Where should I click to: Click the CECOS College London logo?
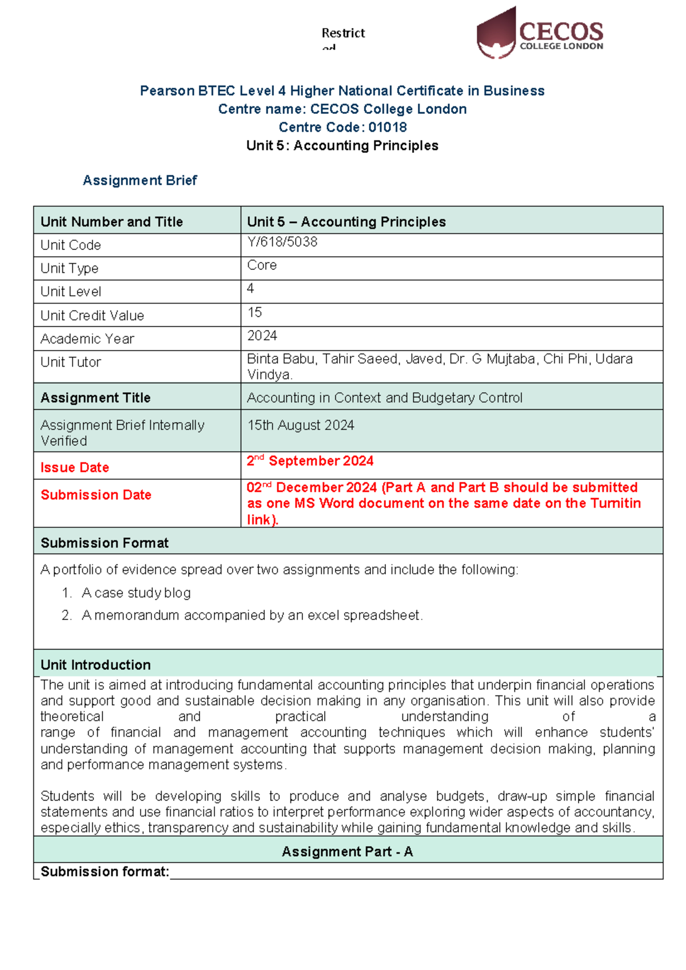click(540, 33)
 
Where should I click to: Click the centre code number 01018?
click(388, 127)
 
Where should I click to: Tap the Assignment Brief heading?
click(139, 180)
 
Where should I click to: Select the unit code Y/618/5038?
click(282, 242)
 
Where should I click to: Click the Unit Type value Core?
click(262, 265)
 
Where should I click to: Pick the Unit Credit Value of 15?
click(254, 312)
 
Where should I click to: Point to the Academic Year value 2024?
click(262, 336)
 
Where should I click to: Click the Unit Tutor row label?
click(70, 362)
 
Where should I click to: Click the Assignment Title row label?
click(95, 397)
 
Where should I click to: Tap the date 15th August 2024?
click(301, 425)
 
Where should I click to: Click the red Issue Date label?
click(74, 467)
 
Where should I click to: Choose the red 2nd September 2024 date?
click(310, 461)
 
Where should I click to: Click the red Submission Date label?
click(95, 495)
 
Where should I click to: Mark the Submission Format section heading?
click(105, 543)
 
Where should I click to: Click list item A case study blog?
click(136, 593)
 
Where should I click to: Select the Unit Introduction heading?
click(95, 665)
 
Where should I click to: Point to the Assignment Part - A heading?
click(347, 852)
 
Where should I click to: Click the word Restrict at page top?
click(343, 33)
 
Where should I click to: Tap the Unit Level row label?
click(70, 292)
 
